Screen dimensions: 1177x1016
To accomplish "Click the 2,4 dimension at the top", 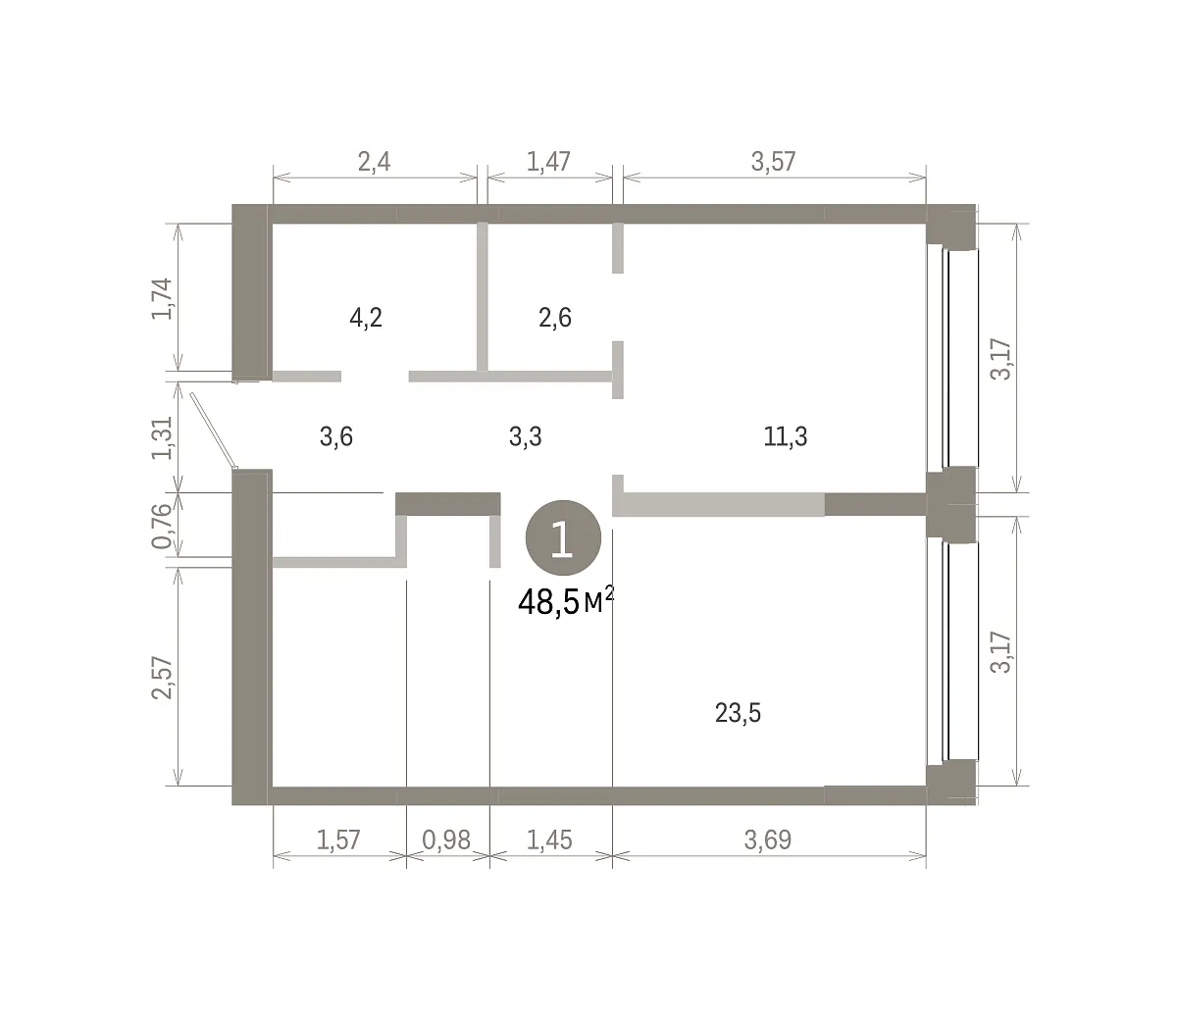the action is (x=374, y=162).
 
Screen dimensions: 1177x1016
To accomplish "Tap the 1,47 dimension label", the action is (x=548, y=162).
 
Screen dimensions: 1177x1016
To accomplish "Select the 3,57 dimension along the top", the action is (x=773, y=162).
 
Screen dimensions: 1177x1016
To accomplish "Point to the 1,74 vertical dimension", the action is (x=162, y=298).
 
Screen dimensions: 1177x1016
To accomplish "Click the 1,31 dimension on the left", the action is (x=162, y=438).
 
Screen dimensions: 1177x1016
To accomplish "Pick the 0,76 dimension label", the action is (x=162, y=527).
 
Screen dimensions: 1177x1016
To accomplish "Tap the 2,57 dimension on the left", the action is (x=162, y=678).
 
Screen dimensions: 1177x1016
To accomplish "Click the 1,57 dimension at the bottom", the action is (x=338, y=840).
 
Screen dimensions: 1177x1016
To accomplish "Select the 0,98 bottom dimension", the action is (x=447, y=840).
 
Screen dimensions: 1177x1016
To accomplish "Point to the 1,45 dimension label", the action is (x=549, y=840).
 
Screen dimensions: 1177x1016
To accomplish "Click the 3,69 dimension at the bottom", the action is (x=768, y=840).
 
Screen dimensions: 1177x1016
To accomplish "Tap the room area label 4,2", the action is (x=366, y=318).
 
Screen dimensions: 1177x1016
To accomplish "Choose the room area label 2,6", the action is (x=555, y=318).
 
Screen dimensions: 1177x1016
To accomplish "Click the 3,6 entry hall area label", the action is (x=336, y=436).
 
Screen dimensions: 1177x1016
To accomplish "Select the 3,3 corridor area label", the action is (x=526, y=436).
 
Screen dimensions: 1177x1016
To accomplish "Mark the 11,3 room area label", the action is (x=786, y=436).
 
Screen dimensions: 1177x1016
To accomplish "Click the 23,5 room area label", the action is (x=738, y=713).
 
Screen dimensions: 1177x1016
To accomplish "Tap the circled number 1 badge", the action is (x=563, y=538).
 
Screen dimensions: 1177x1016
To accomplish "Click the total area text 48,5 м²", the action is (x=566, y=602).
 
